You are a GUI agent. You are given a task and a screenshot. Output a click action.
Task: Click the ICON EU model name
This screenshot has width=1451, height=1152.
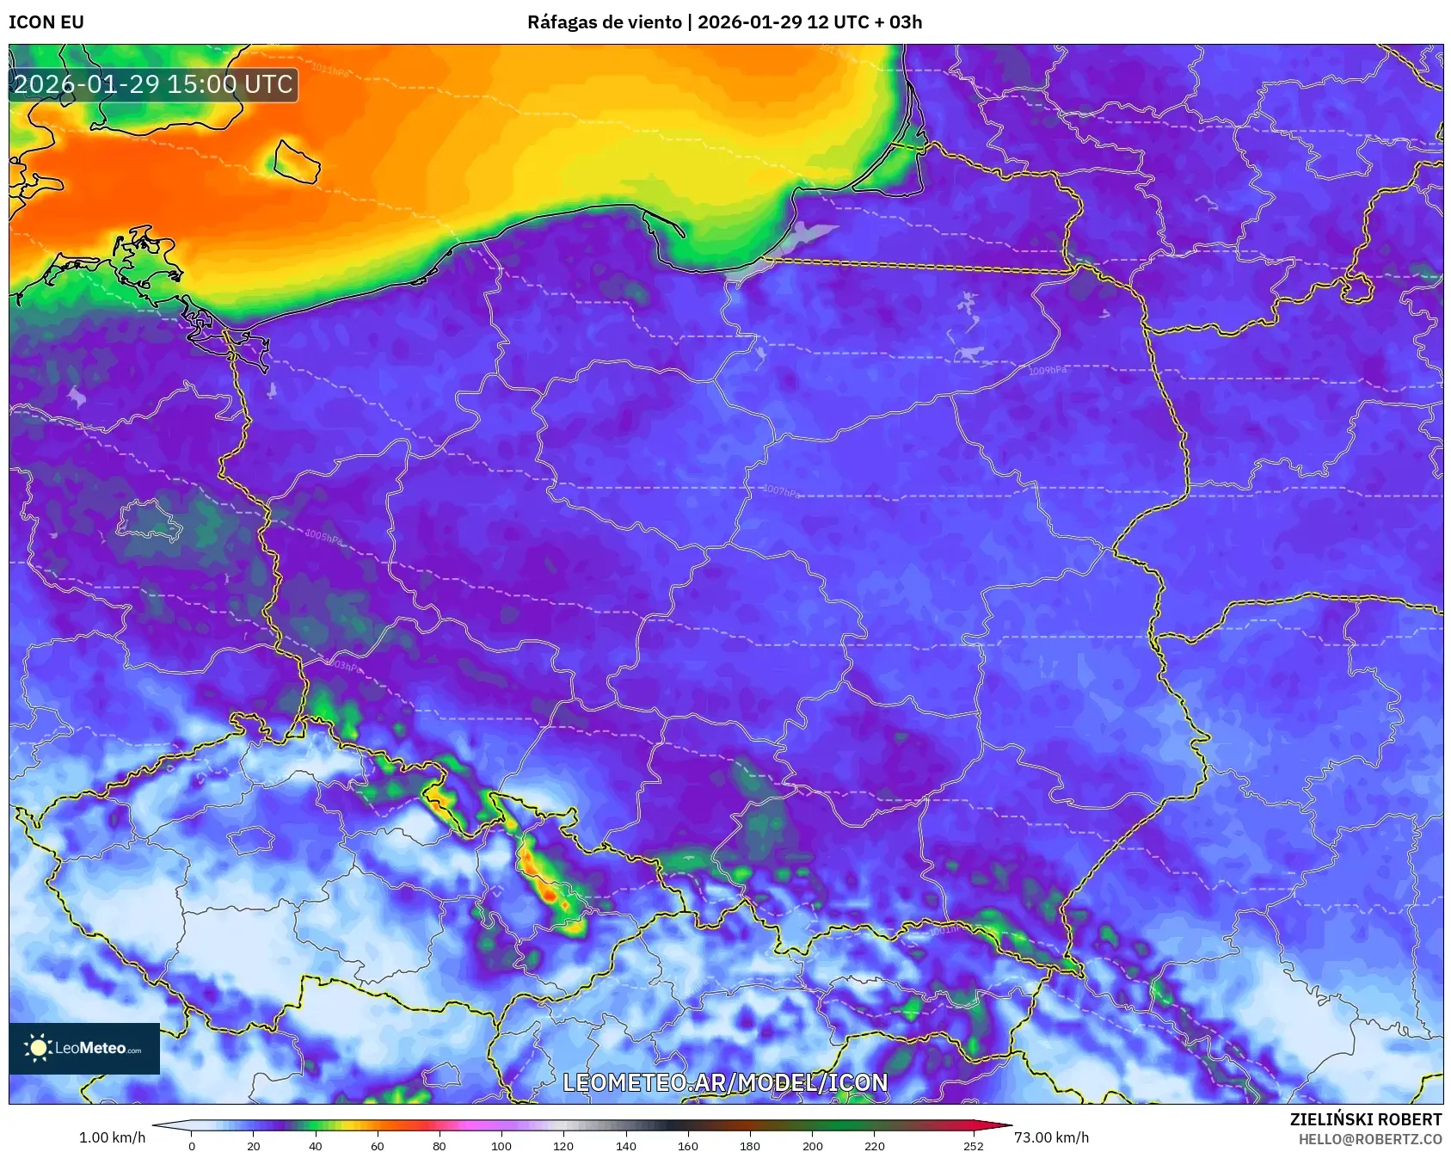46,22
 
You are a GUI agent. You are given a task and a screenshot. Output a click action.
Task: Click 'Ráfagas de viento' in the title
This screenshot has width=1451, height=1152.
604,22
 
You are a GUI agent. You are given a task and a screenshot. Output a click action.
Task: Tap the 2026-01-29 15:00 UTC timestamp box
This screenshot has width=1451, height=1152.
154,84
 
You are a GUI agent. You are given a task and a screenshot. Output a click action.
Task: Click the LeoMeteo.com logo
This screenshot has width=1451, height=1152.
84,1048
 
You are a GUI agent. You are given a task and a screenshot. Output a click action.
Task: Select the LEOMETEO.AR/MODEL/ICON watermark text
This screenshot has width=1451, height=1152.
725,1082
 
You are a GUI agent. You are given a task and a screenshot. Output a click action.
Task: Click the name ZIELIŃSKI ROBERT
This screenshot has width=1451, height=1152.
1365,1119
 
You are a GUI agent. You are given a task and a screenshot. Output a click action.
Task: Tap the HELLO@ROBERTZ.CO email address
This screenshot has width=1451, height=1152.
1369,1139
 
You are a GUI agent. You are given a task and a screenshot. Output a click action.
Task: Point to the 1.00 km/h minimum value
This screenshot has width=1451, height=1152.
112,1137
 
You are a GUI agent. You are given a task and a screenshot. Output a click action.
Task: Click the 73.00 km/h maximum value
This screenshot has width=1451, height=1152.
1051,1137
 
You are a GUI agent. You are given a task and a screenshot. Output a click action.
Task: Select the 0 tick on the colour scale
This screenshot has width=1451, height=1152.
192,1145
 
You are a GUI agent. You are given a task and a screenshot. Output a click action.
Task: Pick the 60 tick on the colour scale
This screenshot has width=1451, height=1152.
378,1145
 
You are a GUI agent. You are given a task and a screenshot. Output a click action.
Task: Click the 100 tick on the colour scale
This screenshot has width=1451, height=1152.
501,1145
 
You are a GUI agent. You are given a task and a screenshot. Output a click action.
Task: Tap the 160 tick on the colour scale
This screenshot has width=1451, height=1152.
688,1145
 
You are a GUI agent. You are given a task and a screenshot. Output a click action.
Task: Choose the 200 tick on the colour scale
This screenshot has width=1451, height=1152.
812,1145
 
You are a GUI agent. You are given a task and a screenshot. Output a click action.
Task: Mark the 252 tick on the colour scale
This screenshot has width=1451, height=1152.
974,1145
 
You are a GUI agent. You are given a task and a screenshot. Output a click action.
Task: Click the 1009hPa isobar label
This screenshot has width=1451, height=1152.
1047,371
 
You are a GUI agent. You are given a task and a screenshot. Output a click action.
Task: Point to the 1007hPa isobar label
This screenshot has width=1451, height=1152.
781,491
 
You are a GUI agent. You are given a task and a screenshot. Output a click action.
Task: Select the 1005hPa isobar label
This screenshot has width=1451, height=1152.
324,537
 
